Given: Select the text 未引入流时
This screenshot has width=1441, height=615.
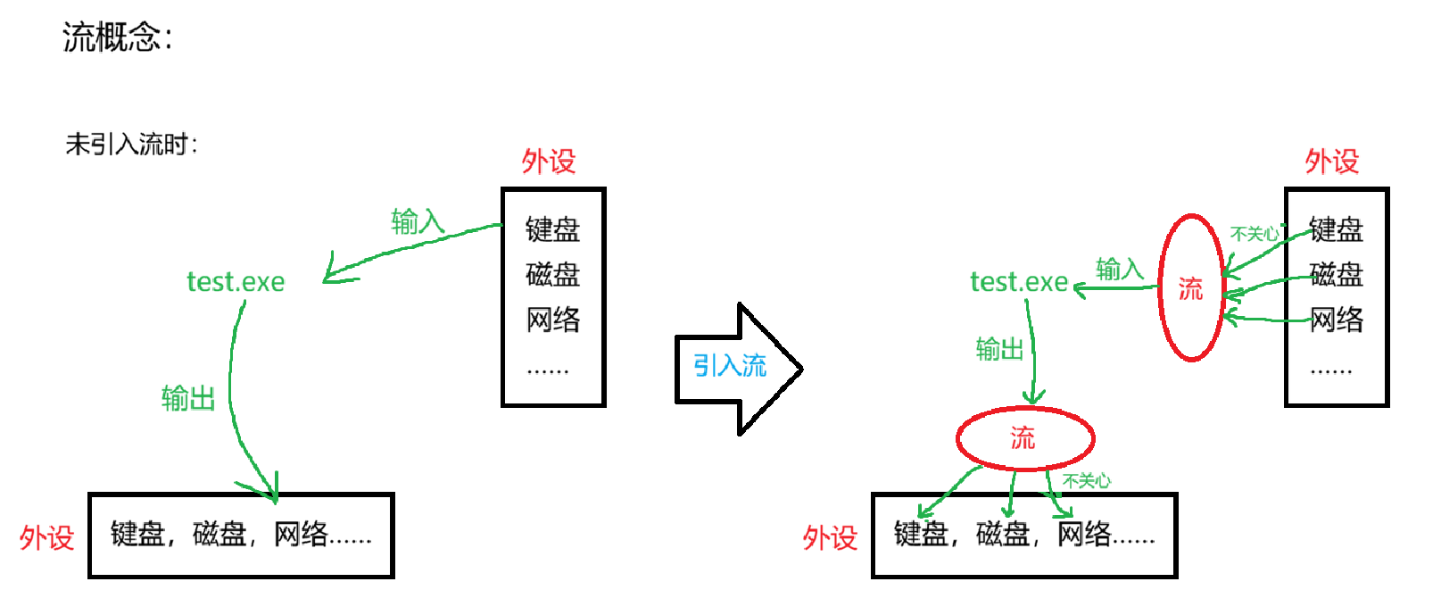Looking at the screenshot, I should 129,144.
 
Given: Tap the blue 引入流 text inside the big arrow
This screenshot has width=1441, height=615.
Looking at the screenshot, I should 730,365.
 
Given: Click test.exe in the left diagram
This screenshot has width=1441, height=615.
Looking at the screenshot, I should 236,282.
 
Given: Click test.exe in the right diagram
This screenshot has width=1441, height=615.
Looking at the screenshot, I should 1019,282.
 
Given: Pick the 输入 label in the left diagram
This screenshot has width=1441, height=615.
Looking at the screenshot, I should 417,220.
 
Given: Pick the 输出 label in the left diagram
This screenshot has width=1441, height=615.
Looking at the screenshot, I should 188,398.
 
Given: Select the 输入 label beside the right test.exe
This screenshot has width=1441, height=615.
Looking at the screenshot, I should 1119,269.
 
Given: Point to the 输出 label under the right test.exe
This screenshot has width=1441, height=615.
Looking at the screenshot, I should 999,349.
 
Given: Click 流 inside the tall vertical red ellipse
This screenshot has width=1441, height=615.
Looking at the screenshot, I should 1190,288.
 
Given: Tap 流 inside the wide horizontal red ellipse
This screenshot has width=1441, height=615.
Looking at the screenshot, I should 1023,437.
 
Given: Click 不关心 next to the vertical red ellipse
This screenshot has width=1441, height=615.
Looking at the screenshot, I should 1255,234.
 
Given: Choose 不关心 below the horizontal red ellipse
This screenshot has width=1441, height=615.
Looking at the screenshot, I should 1087,481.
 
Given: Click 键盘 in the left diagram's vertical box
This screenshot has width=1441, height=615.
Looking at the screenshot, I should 552,229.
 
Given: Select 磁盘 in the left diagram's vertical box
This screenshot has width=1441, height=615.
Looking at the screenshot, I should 552,274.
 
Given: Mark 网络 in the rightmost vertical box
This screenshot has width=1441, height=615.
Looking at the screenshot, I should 1336,320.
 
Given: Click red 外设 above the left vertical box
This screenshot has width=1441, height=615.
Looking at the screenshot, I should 549,162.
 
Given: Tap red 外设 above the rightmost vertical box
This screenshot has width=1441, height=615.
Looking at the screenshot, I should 1332,162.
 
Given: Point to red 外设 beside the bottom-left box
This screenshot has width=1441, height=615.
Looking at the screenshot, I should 46,537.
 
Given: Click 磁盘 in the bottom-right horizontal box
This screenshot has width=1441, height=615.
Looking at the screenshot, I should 1003,534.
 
